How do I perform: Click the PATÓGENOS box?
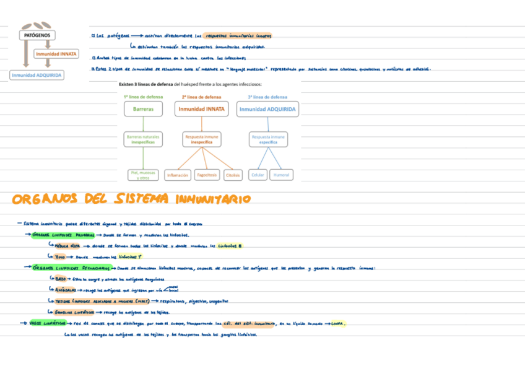click(37, 35)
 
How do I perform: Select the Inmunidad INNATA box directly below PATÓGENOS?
click(56, 54)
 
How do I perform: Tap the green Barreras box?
click(144, 109)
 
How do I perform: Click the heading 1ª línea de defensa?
click(144, 97)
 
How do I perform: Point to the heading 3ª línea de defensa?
click(267, 97)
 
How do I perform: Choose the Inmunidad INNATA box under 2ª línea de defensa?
click(202, 109)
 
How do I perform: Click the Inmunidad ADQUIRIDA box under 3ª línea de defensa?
click(267, 109)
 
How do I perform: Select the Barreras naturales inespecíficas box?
click(143, 139)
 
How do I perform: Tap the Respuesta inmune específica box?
click(268, 139)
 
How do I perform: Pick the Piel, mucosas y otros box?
click(144, 175)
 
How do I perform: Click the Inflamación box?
click(178, 175)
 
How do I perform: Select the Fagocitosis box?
click(207, 175)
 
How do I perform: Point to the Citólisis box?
click(233, 175)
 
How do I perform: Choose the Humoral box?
click(281, 175)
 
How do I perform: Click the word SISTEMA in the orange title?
click(141, 199)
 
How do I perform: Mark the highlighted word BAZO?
click(61, 279)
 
